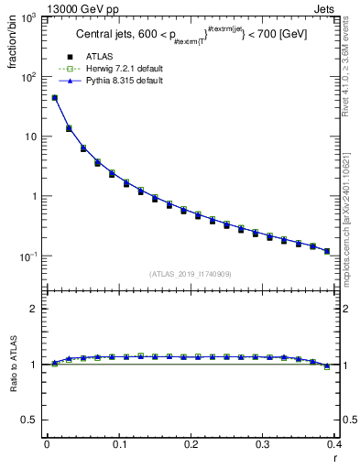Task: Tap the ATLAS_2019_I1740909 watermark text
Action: [190, 273]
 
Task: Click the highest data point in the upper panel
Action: [54, 97]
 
